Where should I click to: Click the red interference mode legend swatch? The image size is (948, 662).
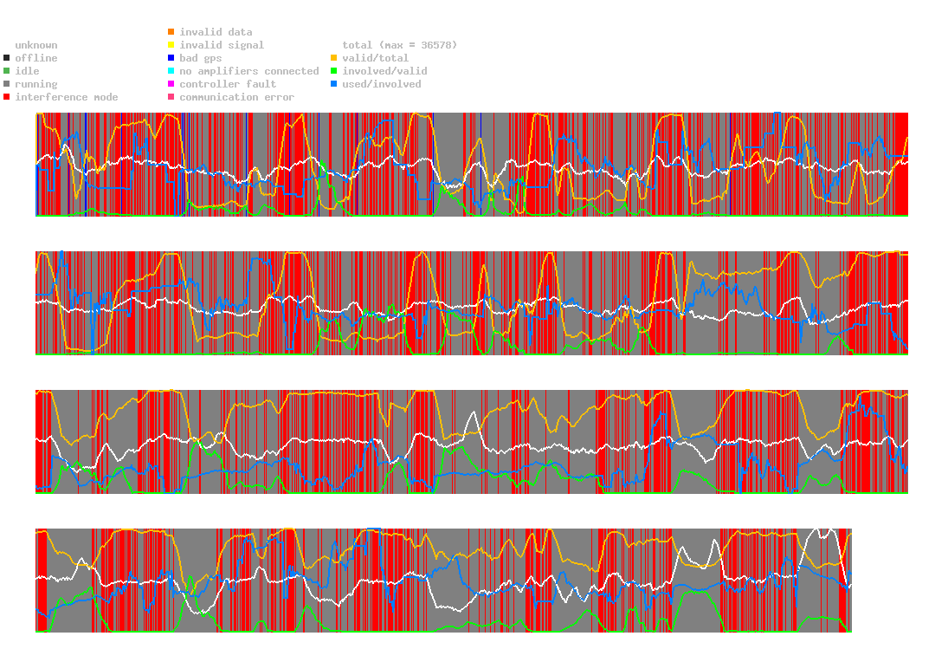[x=7, y=97]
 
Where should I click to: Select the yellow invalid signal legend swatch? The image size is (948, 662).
[x=171, y=45]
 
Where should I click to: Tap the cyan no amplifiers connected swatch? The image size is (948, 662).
[x=171, y=71]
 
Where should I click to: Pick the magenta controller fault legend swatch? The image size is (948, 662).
[x=171, y=84]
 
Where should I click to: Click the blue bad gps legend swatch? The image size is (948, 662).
[x=171, y=58]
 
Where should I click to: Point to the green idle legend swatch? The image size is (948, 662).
[x=7, y=71]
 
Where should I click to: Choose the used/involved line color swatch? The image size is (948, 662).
[x=333, y=84]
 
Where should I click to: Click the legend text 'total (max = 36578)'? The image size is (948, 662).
[x=399, y=45]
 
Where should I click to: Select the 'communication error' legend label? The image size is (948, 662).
[x=236, y=97]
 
